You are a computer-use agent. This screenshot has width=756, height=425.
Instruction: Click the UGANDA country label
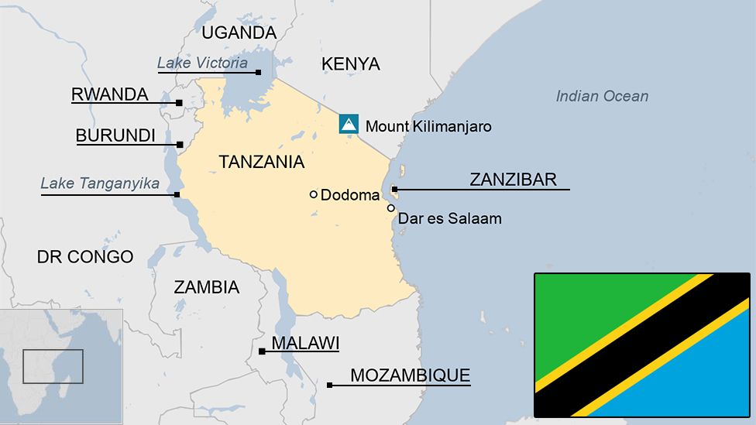click(x=239, y=33)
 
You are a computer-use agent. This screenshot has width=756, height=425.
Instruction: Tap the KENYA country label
click(x=351, y=64)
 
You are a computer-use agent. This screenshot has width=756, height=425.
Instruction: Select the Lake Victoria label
click(x=202, y=63)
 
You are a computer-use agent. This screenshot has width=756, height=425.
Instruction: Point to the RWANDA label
click(x=109, y=94)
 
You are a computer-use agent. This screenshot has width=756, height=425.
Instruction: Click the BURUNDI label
click(x=115, y=136)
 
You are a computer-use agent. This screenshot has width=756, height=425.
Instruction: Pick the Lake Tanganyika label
click(x=100, y=184)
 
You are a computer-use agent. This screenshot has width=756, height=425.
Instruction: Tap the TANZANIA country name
click(x=261, y=162)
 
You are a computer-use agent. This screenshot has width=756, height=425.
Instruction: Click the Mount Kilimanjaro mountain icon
click(x=349, y=124)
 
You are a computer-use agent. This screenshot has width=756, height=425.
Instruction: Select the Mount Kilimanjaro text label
click(x=428, y=126)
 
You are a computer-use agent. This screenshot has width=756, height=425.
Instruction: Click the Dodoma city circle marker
click(x=314, y=194)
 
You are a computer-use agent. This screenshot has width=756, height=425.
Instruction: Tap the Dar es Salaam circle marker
click(x=391, y=207)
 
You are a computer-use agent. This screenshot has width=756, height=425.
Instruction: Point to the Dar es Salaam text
click(x=449, y=219)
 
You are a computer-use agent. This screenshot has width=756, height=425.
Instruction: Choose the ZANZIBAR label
click(x=513, y=180)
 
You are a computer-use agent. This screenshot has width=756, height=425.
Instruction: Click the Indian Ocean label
click(x=602, y=96)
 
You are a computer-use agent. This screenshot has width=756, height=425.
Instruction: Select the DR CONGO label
click(x=85, y=257)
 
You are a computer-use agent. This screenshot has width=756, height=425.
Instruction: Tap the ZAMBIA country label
click(x=206, y=287)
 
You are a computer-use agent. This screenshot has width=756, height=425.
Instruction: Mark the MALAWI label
click(x=305, y=343)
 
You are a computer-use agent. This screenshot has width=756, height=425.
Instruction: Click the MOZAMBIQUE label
click(x=410, y=376)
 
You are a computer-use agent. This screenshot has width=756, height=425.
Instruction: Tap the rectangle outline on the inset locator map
click(x=53, y=366)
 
